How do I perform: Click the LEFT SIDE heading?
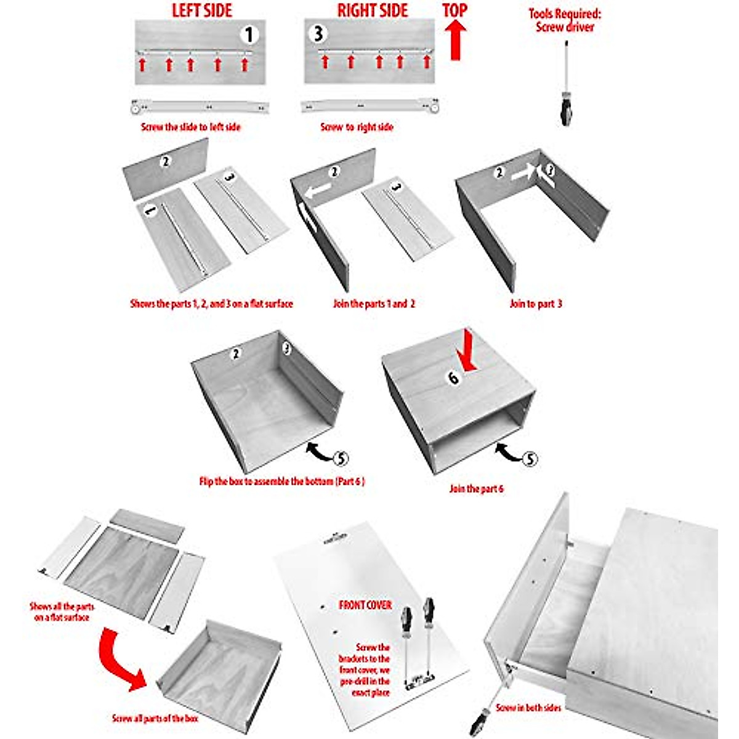point(201,10)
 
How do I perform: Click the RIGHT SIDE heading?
point(373,10)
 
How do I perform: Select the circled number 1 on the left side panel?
point(249,34)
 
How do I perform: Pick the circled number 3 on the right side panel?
point(318,33)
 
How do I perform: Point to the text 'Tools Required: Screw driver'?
point(565,20)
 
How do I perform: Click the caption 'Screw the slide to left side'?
point(191,127)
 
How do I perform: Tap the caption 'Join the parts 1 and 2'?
point(374,304)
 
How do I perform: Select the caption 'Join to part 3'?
point(536,304)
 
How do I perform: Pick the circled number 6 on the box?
point(454,378)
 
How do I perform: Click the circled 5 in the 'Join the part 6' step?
point(529,459)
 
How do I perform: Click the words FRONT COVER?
point(365,605)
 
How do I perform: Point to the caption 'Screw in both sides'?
point(528,708)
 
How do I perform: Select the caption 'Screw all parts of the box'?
point(156,718)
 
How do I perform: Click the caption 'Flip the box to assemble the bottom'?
point(282,481)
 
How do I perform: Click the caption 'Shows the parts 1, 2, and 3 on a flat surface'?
point(211,304)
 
